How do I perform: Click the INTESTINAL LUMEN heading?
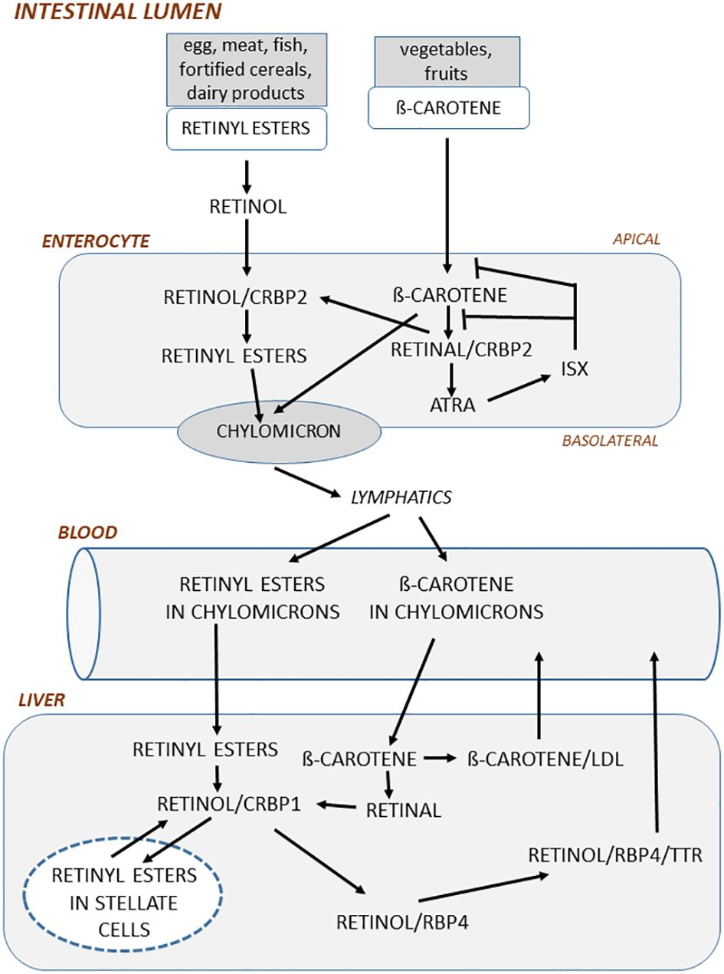pyautogui.click(x=118, y=11)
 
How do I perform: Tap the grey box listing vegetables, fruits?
pyautogui.click(x=447, y=61)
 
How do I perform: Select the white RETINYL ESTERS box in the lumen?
pyautogui.click(x=246, y=129)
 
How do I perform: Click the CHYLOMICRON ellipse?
pyautogui.click(x=279, y=431)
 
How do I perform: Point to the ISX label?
pyautogui.click(x=575, y=369)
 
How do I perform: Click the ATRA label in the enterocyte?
pyautogui.click(x=453, y=405)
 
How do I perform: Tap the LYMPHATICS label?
pyautogui.click(x=401, y=497)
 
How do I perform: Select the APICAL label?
pyautogui.click(x=636, y=239)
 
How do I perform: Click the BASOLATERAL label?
pyautogui.click(x=611, y=441)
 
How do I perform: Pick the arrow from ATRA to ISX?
pyautogui.click(x=519, y=388)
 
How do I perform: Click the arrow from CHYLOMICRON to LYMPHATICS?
pyautogui.click(x=308, y=483)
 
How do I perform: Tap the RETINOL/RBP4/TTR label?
pyautogui.click(x=615, y=855)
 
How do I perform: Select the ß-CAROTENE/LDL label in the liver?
pyautogui.click(x=545, y=759)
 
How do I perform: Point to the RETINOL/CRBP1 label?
pyautogui.click(x=229, y=804)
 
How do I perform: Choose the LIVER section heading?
pyautogui.click(x=41, y=700)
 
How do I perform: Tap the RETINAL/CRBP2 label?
pyautogui.click(x=461, y=349)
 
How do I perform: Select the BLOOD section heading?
pyautogui.click(x=87, y=533)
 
